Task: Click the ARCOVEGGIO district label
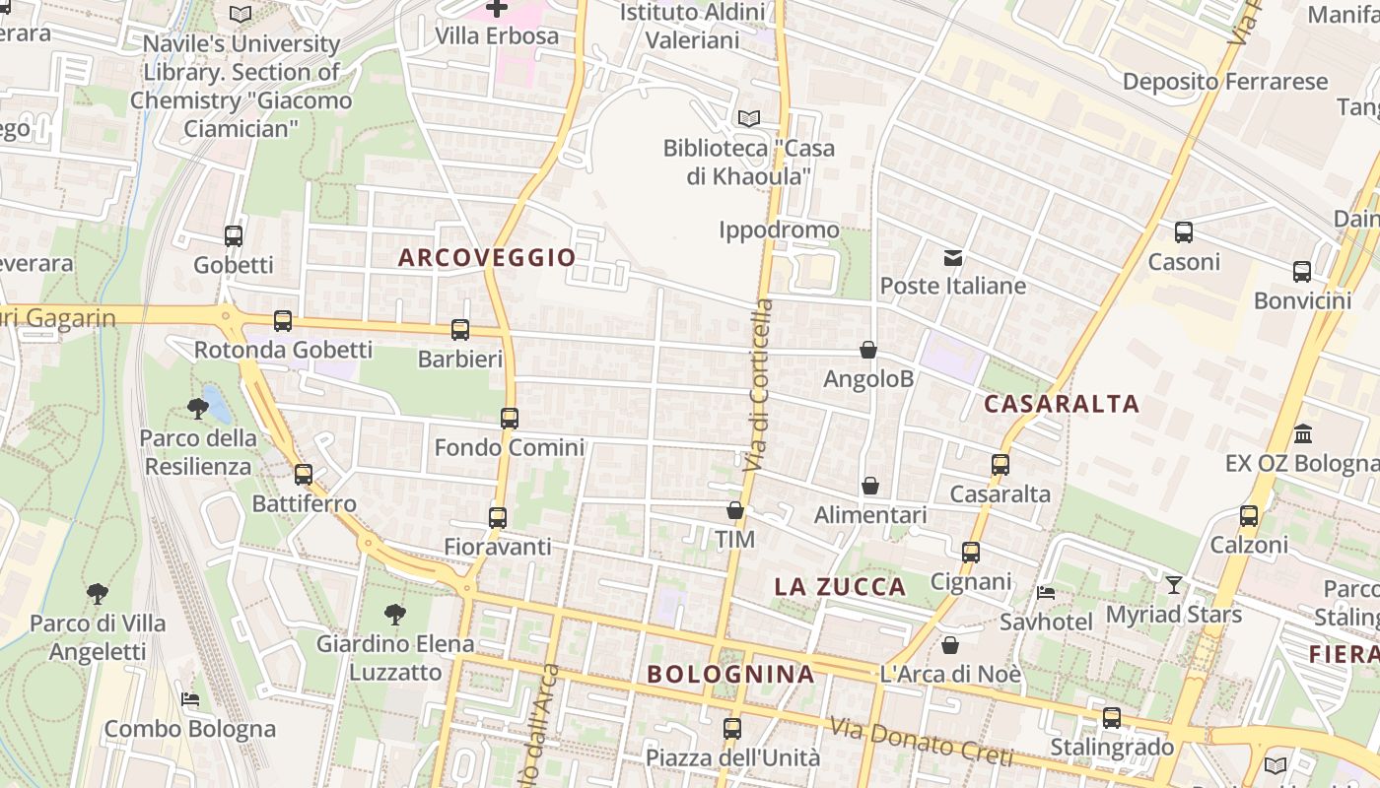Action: click(x=487, y=258)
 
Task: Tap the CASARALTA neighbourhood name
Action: click(x=1062, y=404)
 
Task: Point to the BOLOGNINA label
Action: click(x=730, y=675)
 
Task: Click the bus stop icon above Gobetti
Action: click(x=234, y=236)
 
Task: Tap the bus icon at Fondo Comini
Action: click(x=509, y=419)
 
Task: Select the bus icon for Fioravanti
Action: click(x=498, y=518)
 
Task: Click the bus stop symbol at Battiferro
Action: click(x=303, y=475)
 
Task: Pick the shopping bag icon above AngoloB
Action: click(x=868, y=350)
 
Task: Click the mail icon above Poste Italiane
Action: click(x=953, y=258)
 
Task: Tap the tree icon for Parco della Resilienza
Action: click(x=197, y=408)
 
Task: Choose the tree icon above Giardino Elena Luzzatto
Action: click(x=394, y=615)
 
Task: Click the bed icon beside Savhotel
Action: click(x=1046, y=593)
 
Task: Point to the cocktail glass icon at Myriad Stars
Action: click(x=1173, y=585)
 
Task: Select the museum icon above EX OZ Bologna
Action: click(x=1303, y=433)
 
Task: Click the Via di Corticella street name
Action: click(x=759, y=384)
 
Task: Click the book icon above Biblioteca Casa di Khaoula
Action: click(x=749, y=118)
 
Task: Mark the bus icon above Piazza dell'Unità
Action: click(x=732, y=729)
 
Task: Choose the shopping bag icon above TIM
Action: click(x=734, y=510)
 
